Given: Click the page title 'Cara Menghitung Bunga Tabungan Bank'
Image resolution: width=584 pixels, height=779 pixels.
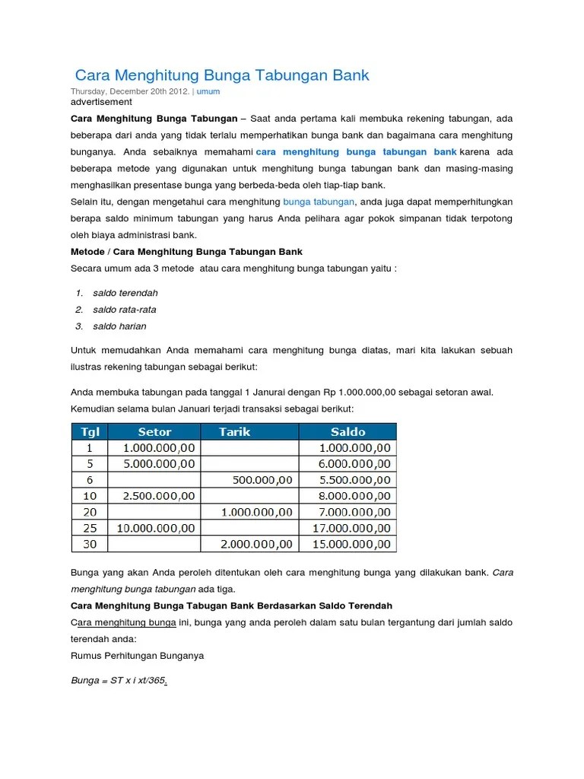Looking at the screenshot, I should point(222,75).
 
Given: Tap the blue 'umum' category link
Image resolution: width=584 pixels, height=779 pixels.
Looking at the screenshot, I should point(208,91).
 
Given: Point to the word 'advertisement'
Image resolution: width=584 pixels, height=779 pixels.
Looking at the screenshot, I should point(101,102).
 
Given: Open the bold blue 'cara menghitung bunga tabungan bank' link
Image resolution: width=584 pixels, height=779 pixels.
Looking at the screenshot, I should point(356,152).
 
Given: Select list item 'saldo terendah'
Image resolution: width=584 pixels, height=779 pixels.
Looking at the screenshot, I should point(125,293).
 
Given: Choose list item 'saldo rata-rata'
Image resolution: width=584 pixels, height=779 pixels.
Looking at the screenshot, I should point(125,310).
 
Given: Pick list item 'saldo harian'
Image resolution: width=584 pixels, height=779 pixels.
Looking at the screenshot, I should point(119,326).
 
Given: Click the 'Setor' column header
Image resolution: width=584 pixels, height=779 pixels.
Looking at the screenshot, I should point(154,431).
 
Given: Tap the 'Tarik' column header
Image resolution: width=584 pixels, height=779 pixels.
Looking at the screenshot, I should point(234,431).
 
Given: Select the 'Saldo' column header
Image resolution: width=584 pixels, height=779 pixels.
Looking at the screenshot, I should point(348,431).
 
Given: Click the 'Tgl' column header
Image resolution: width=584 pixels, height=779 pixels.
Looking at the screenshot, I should point(90,431).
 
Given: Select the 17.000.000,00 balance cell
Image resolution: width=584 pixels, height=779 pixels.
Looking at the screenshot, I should point(352,527).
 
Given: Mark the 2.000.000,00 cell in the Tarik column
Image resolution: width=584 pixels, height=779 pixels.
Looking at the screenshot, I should point(256,544).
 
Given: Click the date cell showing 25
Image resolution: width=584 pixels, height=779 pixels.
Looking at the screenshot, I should point(90,527).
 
